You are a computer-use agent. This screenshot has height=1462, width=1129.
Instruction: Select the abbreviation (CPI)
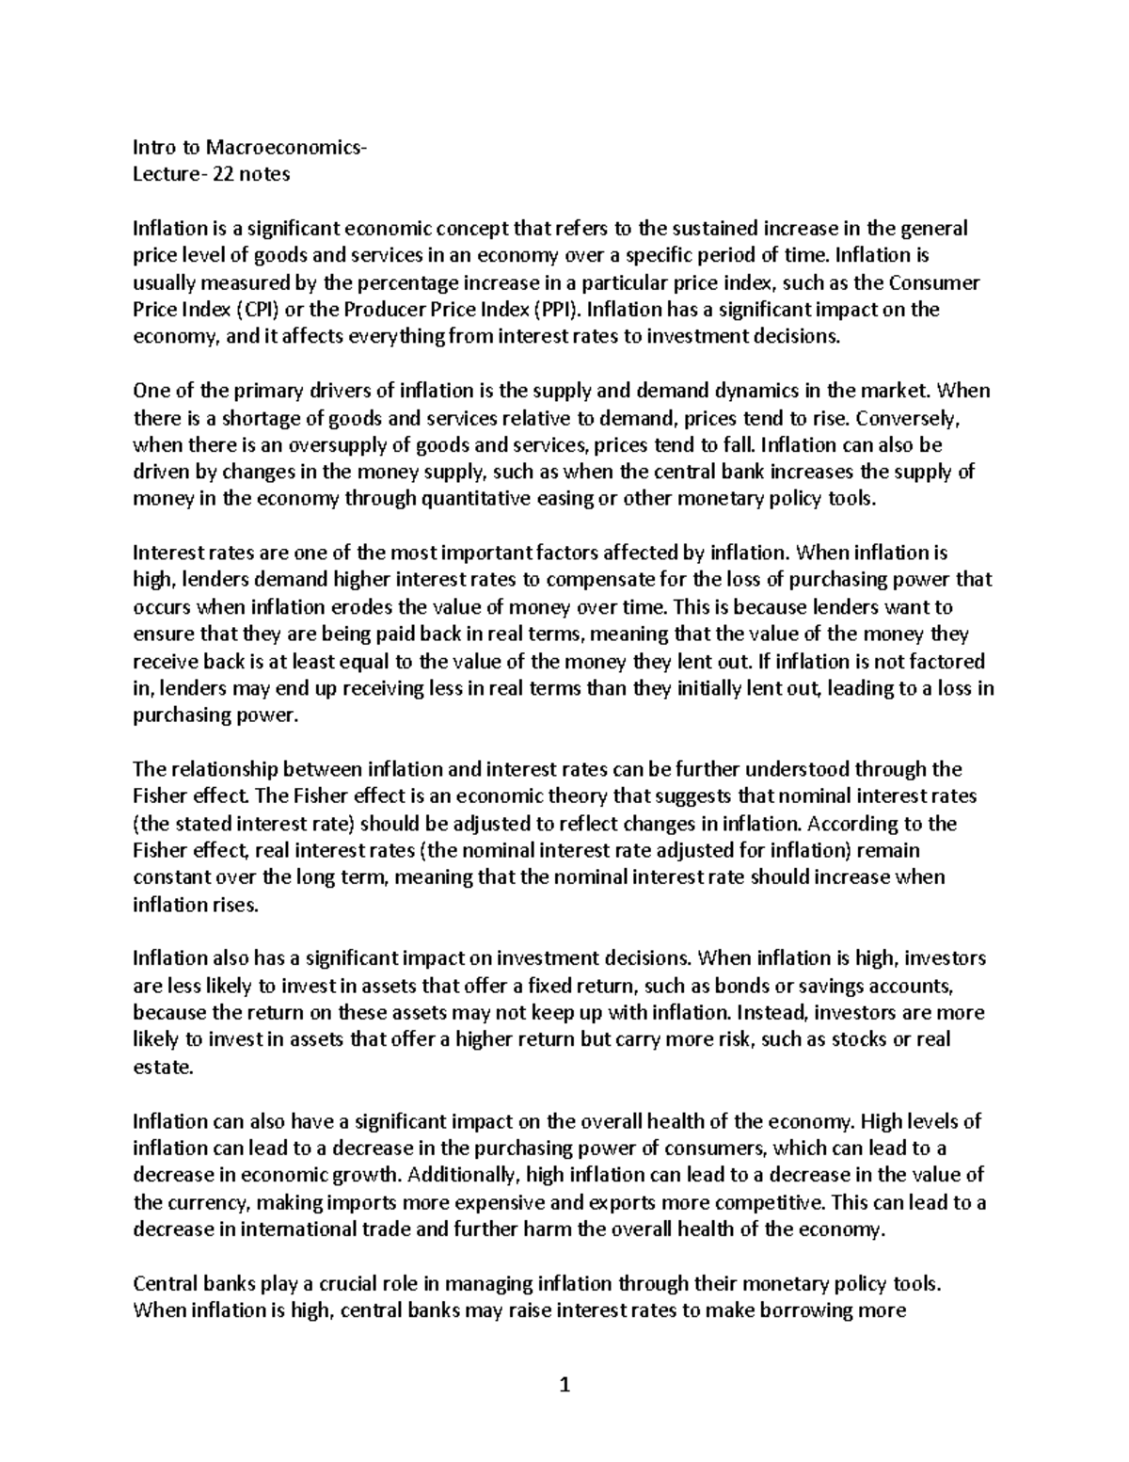point(256,310)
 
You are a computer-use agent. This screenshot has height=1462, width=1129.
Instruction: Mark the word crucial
point(321,1284)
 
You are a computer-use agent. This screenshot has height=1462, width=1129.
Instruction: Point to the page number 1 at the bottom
point(564,1386)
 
